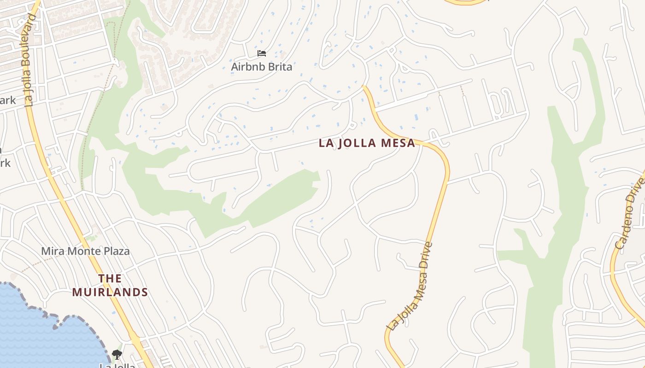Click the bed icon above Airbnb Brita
point(262,53)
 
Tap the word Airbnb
point(246,67)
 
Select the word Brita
point(278,67)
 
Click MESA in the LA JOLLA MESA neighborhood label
point(398,143)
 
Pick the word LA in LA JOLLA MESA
point(326,143)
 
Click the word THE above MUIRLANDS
point(110,278)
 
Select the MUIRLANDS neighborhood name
point(110,292)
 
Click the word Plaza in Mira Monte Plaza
point(115,251)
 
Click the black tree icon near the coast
point(117,354)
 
